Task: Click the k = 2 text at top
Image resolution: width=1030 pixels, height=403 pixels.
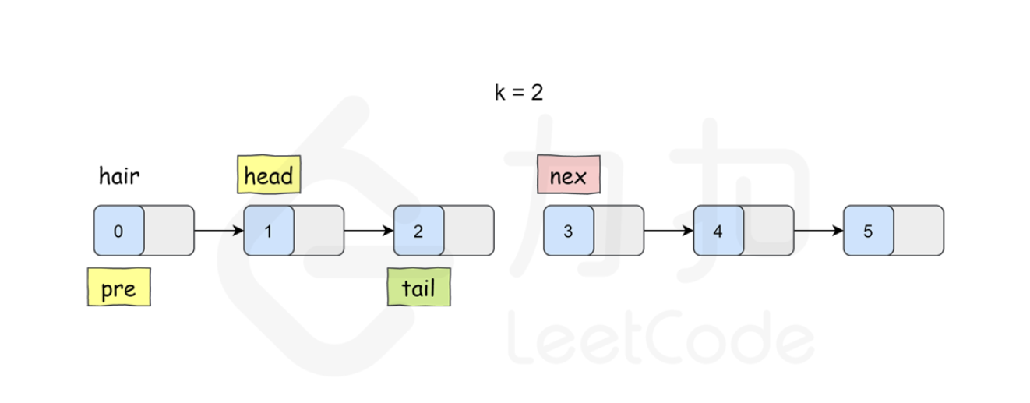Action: pyautogui.click(x=518, y=93)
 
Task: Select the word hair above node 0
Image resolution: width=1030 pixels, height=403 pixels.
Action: pyautogui.click(x=118, y=177)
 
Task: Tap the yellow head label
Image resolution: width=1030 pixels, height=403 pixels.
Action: pyautogui.click(x=269, y=175)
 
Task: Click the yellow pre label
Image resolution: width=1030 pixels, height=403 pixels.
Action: pyautogui.click(x=118, y=288)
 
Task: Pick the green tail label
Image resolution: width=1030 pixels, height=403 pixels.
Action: pyautogui.click(x=418, y=288)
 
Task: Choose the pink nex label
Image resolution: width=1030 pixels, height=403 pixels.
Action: pyautogui.click(x=568, y=175)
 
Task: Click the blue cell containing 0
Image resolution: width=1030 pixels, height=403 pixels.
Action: pyautogui.click(x=118, y=231)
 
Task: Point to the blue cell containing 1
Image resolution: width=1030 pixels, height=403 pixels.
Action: pyautogui.click(x=269, y=231)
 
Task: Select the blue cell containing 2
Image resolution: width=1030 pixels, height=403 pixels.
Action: pyautogui.click(x=418, y=231)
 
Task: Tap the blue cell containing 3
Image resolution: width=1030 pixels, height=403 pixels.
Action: pyautogui.click(x=569, y=231)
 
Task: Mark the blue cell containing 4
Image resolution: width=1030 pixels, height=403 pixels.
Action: pyautogui.click(x=718, y=231)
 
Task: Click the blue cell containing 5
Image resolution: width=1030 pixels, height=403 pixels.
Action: pyautogui.click(x=868, y=231)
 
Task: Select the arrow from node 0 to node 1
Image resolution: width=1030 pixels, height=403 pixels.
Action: pyautogui.click(x=219, y=231)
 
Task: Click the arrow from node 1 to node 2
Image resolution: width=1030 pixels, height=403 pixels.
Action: pyautogui.click(x=369, y=231)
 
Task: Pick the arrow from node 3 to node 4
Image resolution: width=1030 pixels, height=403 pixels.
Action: pyautogui.click(x=668, y=231)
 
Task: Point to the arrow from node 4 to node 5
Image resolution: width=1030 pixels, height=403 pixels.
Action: pyautogui.click(x=818, y=231)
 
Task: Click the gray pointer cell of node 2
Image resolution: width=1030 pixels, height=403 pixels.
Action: pyautogui.click(x=468, y=231)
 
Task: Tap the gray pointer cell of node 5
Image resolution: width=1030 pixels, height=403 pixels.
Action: pyautogui.click(x=918, y=231)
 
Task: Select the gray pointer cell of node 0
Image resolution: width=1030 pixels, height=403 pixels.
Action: pyautogui.click(x=169, y=231)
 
